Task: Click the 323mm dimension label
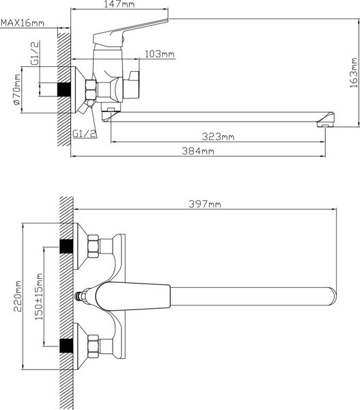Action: tap(220, 137)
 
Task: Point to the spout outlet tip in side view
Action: tap(324, 122)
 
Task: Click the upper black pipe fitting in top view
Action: tap(67, 245)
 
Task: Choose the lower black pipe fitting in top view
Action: tap(67, 346)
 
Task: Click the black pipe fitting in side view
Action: tap(67, 90)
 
